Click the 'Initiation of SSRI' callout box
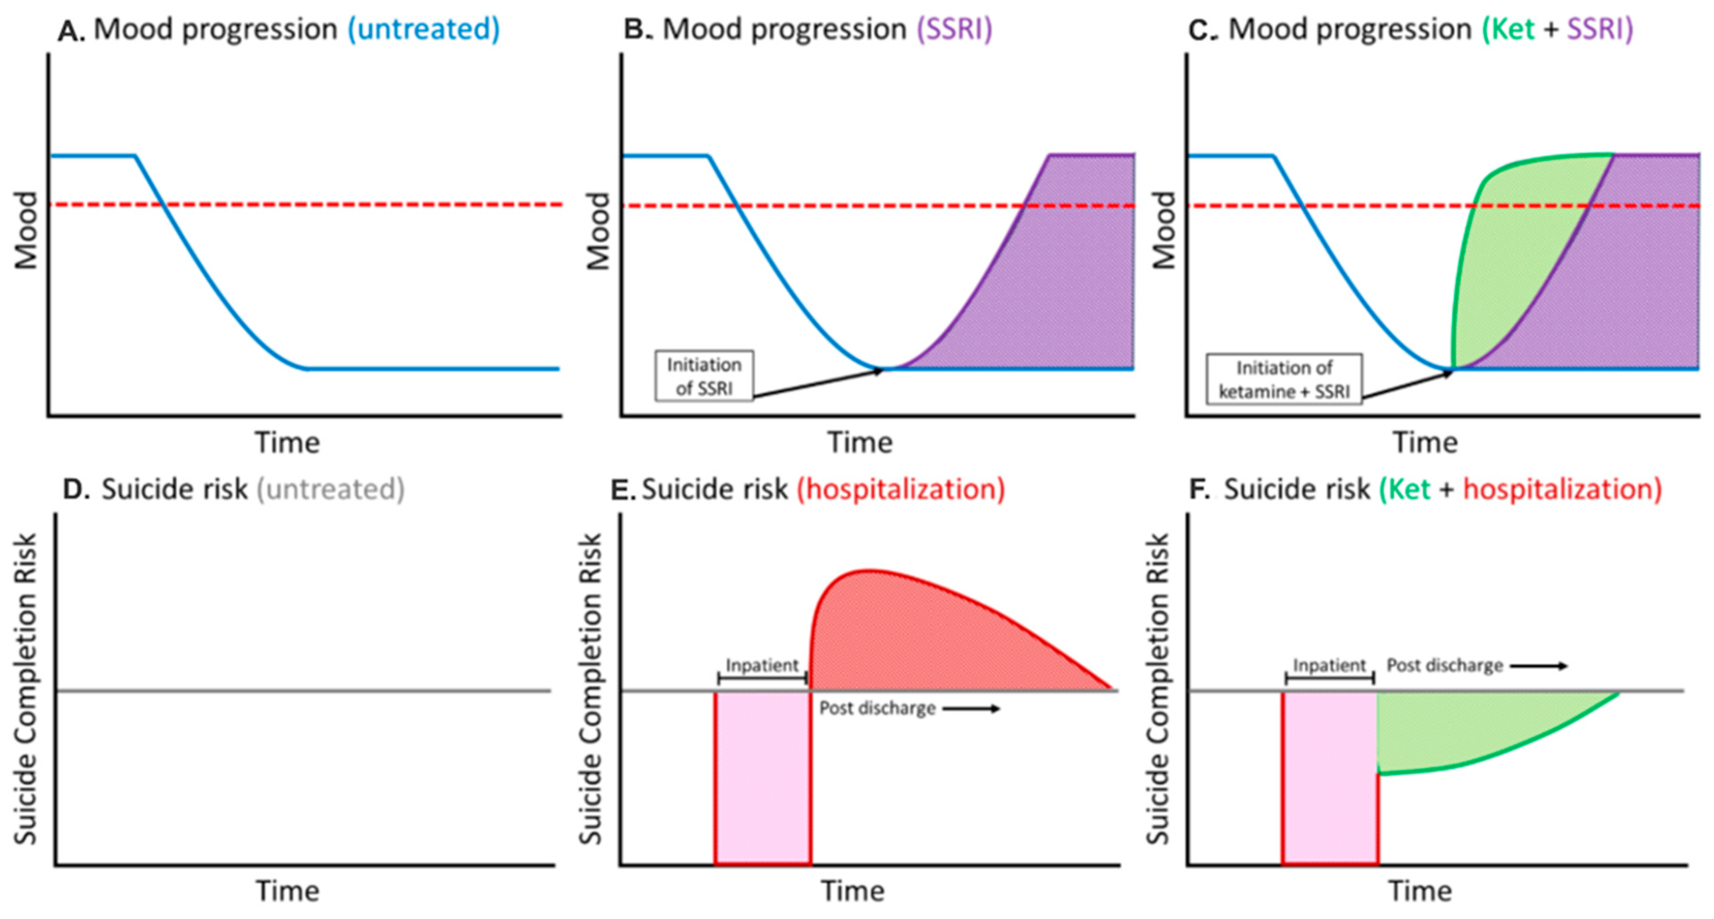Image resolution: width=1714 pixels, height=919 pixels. click(704, 376)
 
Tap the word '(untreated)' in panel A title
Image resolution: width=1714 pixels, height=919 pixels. click(423, 29)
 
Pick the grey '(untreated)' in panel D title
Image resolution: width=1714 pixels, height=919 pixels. click(331, 489)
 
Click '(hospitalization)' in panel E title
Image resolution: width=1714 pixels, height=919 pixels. click(901, 489)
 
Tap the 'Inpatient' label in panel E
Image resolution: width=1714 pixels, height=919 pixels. click(762, 665)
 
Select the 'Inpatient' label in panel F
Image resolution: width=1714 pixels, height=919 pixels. click(1329, 665)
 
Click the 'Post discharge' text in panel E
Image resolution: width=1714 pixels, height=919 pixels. click(877, 708)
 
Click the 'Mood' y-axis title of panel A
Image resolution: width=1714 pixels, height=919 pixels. click(27, 230)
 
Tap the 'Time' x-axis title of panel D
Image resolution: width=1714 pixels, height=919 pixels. click(287, 890)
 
